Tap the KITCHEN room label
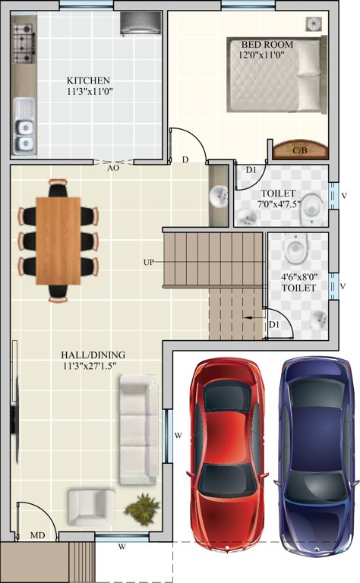tap(89, 80)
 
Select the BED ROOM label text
tap(267, 45)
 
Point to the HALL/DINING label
tap(93, 355)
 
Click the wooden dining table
tap(58, 240)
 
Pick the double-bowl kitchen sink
tap(25, 124)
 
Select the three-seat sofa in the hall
tap(137, 431)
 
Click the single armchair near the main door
tap(91, 506)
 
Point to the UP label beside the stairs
tap(150, 262)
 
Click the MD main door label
tap(36, 536)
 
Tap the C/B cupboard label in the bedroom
tap(299, 151)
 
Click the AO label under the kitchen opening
tap(113, 169)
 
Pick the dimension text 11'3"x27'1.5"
tap(93, 366)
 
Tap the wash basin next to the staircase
tap(219, 197)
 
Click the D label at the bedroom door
tap(185, 160)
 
